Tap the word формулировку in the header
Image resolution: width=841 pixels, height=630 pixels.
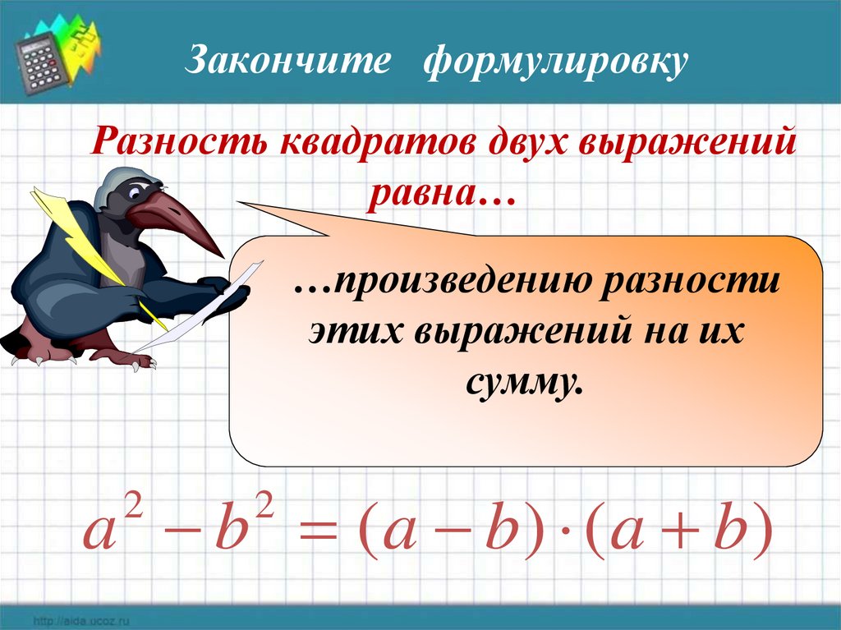(x=555, y=62)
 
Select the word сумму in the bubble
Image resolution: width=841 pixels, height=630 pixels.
(x=523, y=382)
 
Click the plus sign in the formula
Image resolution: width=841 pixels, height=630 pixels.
(x=679, y=533)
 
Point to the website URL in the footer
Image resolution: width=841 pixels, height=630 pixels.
(x=81, y=622)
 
